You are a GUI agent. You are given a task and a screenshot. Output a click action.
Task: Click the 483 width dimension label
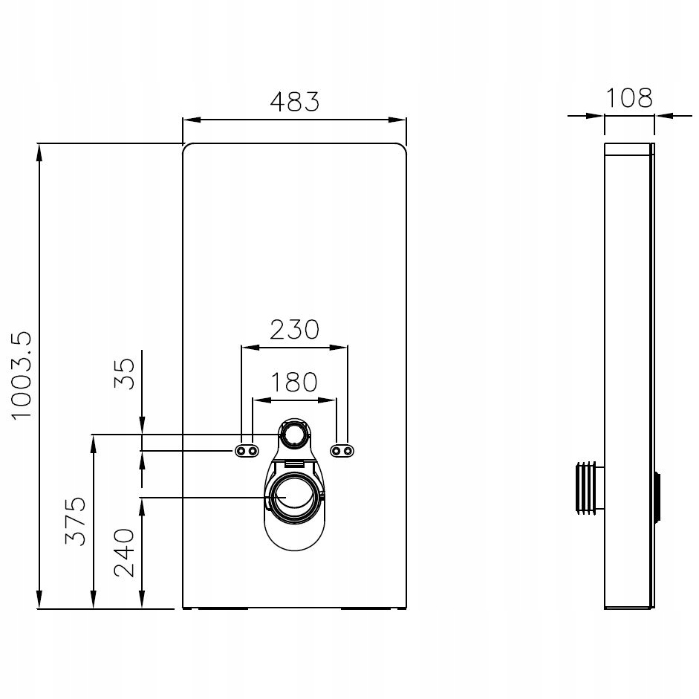[x=295, y=102]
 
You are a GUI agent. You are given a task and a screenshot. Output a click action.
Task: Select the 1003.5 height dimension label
[x=22, y=375]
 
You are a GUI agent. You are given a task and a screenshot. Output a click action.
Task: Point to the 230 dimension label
[x=295, y=329]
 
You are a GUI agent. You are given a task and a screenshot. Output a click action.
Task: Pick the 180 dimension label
[x=294, y=382]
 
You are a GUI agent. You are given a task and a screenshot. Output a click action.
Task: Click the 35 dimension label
[x=124, y=374]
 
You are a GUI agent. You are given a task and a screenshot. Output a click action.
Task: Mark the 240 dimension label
[x=124, y=553]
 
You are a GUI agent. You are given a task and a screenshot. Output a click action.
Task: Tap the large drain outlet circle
[x=294, y=497]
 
